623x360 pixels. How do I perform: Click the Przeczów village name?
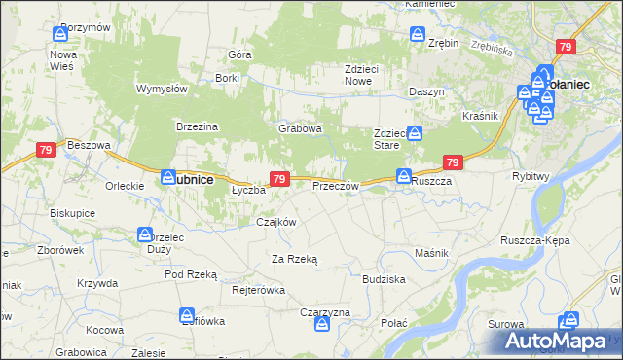(x=336, y=185)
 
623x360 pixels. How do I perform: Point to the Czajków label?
(x=275, y=222)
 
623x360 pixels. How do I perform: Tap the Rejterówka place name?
(x=258, y=290)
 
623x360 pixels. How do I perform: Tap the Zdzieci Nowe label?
(x=367, y=75)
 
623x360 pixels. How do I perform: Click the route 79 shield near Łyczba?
(x=279, y=179)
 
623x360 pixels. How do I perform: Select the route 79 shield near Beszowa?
(x=45, y=150)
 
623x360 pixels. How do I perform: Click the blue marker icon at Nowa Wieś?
(x=61, y=34)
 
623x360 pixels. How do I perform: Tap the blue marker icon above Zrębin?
(x=418, y=35)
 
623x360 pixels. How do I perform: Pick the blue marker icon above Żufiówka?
(x=186, y=314)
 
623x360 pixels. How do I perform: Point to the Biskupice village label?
(x=72, y=211)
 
